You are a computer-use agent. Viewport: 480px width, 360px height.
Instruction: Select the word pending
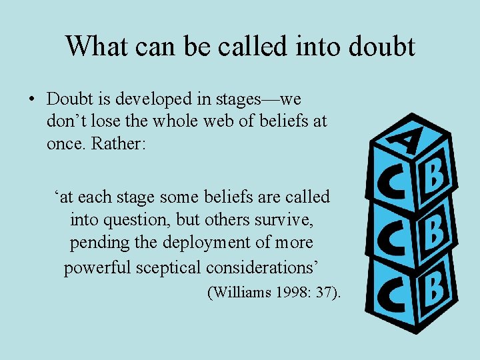click(99, 243)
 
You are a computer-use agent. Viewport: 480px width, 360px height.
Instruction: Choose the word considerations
click(263, 267)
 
